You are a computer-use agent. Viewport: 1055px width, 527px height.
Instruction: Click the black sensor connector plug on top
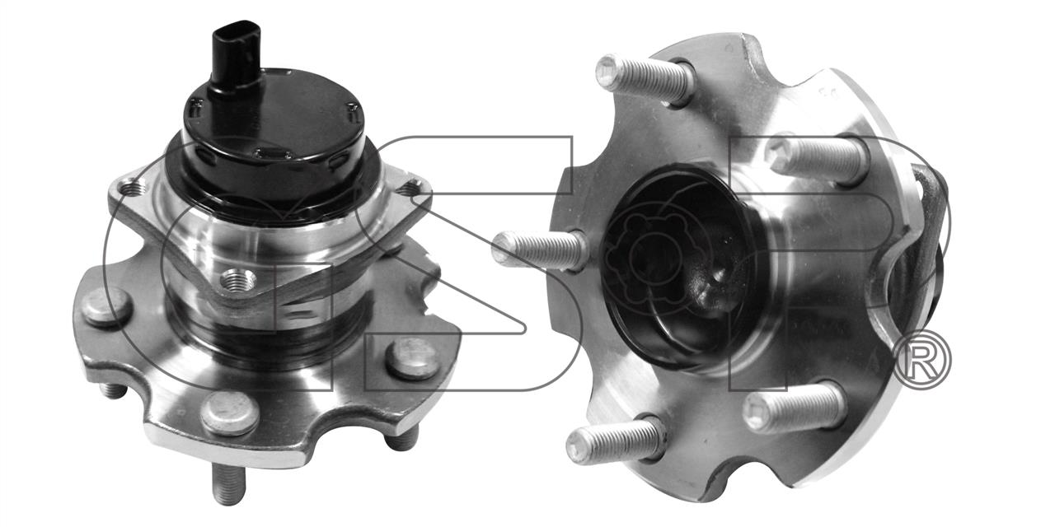236,57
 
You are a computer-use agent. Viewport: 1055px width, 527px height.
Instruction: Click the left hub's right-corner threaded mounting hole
409,189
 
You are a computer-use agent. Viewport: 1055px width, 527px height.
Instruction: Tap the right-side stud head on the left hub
413,358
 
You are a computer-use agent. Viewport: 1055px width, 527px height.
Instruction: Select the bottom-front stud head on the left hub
230,413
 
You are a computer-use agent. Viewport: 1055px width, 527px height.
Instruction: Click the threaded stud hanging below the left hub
229,485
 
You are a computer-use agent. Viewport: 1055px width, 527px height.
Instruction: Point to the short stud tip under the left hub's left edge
114,390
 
